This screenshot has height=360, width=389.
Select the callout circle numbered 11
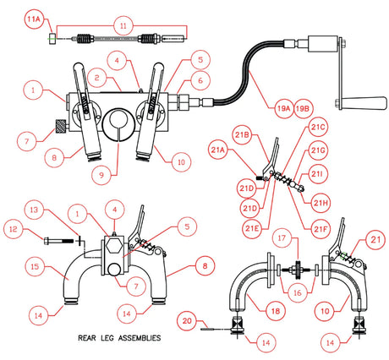123,26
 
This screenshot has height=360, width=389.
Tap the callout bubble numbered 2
99,78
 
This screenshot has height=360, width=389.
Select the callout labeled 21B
242,135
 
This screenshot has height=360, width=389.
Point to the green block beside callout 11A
52,38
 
